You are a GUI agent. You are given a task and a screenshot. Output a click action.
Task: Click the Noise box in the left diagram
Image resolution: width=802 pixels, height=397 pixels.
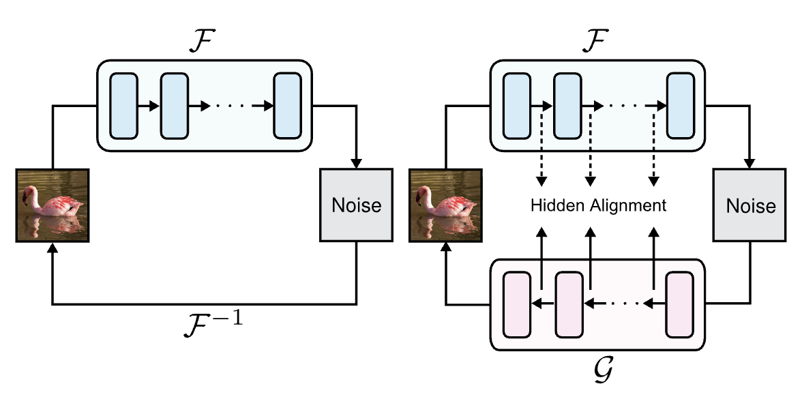click(356, 205)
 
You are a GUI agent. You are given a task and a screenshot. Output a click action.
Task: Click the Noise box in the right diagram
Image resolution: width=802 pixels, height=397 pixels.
click(749, 205)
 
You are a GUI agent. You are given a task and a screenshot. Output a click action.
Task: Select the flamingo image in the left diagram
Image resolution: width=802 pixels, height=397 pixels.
click(53, 205)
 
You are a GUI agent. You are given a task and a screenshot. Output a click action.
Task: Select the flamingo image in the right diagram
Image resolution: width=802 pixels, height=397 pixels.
click(446, 205)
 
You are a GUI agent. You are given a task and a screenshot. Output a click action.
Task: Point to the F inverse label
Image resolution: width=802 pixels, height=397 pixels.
click(213, 319)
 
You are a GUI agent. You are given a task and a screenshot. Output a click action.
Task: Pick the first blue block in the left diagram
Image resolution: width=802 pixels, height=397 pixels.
click(123, 105)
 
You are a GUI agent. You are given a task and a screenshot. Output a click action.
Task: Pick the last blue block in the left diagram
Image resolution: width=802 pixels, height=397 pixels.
click(288, 105)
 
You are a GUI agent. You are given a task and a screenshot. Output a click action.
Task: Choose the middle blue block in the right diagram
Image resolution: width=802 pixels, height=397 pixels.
click(567, 105)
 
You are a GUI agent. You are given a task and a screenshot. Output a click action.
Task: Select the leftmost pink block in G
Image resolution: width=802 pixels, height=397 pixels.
click(516, 304)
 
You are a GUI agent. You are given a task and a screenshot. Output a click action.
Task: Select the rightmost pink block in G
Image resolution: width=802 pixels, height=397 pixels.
click(679, 304)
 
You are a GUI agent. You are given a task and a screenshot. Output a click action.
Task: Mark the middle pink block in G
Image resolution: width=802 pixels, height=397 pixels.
click(569, 304)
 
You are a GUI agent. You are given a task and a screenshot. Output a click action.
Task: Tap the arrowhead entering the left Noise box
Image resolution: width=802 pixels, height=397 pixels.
click(356, 164)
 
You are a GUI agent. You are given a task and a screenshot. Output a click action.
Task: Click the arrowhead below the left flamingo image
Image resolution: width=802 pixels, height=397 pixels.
click(53, 248)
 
